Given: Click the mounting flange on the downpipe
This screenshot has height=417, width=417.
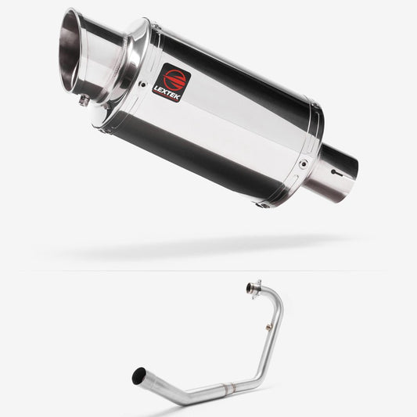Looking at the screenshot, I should point(254,288).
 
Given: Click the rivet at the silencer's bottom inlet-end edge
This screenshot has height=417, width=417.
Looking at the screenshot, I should point(263,204).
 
